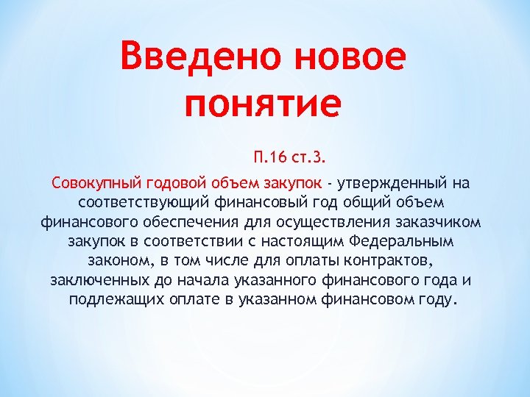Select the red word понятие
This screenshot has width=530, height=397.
click(263, 104)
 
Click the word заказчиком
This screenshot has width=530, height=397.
click(441, 221)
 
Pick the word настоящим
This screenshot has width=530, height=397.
click(301, 241)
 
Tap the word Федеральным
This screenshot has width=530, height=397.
click(405, 241)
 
